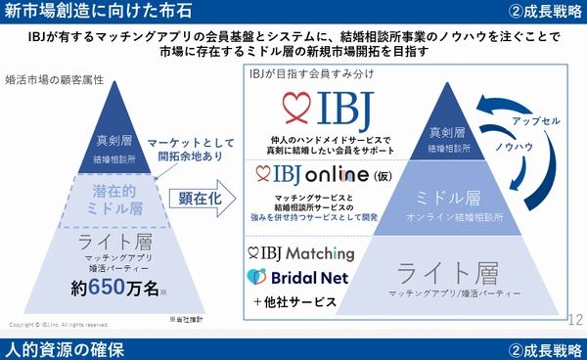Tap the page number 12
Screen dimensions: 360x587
(x=574, y=318)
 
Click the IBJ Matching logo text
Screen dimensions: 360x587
(x=307, y=253)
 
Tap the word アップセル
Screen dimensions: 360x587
(x=539, y=121)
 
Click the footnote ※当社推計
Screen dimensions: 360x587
(x=187, y=319)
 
